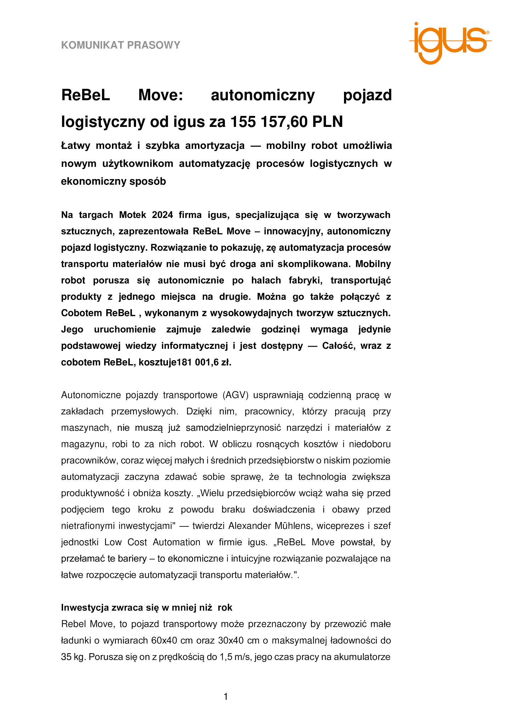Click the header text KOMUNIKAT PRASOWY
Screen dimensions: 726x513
pos(121,45)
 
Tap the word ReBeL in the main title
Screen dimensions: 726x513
pos(86,95)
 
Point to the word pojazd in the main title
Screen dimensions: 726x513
pos(367,95)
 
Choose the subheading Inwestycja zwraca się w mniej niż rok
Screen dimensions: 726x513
pos(147,607)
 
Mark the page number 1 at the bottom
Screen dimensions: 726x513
pos(226,697)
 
